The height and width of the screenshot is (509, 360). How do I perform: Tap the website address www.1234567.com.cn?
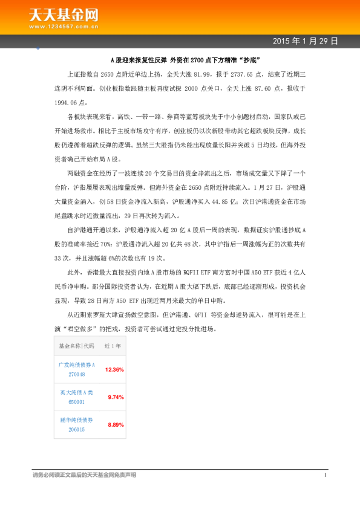click(x=64, y=26)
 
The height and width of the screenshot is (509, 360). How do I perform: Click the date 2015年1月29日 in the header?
click(x=305, y=41)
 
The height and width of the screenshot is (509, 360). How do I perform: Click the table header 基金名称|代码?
click(x=77, y=346)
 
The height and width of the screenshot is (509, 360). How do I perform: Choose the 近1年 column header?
click(x=113, y=346)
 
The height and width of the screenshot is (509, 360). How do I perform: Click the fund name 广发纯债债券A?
click(x=77, y=365)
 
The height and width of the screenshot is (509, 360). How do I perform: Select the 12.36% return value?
click(x=114, y=369)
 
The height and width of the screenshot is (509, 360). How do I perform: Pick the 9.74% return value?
click(x=115, y=397)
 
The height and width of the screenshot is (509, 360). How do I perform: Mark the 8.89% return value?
click(x=115, y=424)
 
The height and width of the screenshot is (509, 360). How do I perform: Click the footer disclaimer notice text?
click(x=85, y=475)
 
